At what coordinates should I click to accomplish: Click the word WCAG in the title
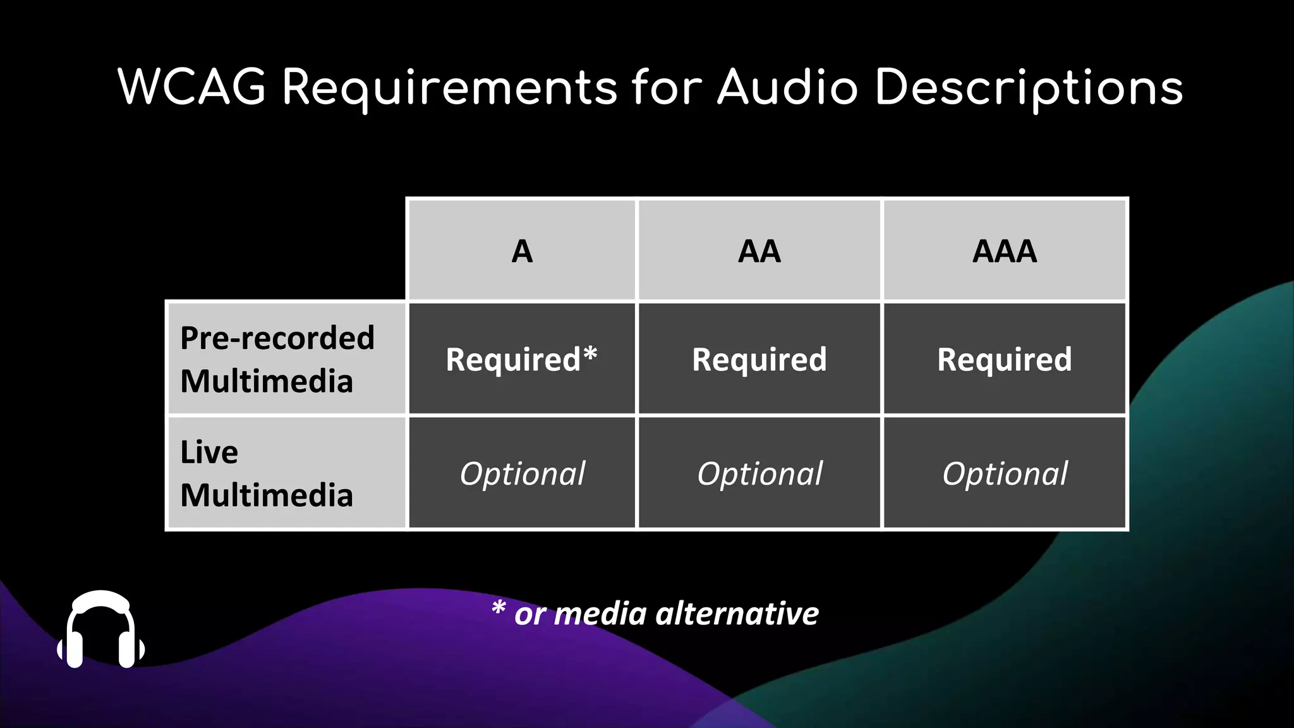pyautogui.click(x=191, y=87)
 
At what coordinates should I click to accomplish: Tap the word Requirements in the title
pyautogui.click(x=449, y=88)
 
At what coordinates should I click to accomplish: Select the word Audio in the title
pyautogui.click(x=787, y=87)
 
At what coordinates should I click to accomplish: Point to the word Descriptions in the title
pyautogui.click(x=1029, y=88)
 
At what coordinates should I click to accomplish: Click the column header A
pyautogui.click(x=522, y=252)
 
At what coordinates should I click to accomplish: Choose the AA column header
pyautogui.click(x=759, y=252)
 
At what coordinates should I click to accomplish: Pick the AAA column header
pyautogui.click(x=1005, y=252)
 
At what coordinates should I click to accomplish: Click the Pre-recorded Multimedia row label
pyautogui.click(x=277, y=359)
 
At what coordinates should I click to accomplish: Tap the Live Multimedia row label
pyautogui.click(x=266, y=473)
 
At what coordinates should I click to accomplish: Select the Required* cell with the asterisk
pyautogui.click(x=521, y=359)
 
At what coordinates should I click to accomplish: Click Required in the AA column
pyautogui.click(x=759, y=359)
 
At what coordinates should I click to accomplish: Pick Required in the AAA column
pyautogui.click(x=1005, y=359)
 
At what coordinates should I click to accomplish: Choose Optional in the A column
pyautogui.click(x=523, y=473)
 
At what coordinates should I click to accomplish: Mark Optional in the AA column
pyautogui.click(x=759, y=473)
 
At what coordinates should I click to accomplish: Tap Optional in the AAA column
pyautogui.click(x=1005, y=473)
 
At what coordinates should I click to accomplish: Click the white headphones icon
pyautogui.click(x=101, y=629)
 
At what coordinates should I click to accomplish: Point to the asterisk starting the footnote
pyautogui.click(x=499, y=608)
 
